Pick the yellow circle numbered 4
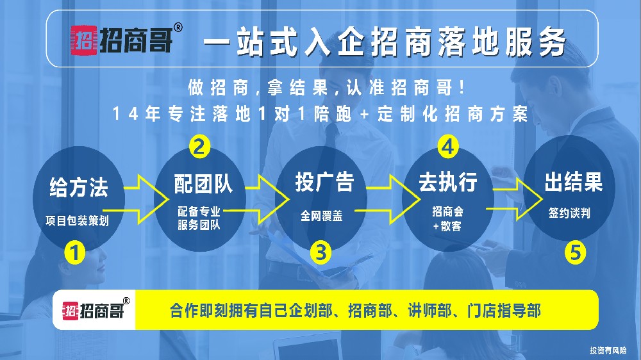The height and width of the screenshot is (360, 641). point(448,147)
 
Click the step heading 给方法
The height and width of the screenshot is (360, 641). point(79,188)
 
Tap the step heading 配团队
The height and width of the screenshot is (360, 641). point(203,184)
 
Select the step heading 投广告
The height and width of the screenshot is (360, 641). point(324,182)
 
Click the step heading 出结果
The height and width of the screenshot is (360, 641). point(574,183)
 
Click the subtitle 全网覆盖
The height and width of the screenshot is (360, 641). point(322,216)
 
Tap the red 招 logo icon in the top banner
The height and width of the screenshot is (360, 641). point(83,42)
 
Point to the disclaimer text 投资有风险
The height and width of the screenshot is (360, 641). point(608,350)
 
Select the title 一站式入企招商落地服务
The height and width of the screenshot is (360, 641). point(385,43)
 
